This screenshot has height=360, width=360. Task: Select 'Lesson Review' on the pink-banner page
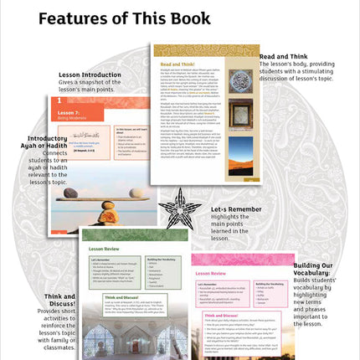[213, 274]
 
